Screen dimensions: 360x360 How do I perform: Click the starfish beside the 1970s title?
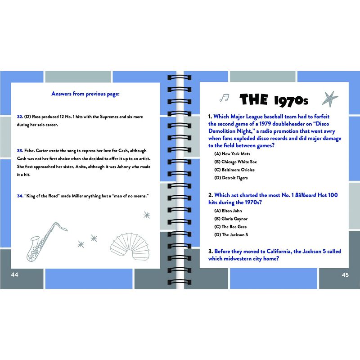tap(330, 99)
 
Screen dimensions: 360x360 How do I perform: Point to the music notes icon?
tap(224, 98)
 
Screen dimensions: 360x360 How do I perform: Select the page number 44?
tap(14, 275)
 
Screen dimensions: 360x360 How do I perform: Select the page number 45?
tap(345, 275)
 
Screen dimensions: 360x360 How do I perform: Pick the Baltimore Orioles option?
tap(234, 170)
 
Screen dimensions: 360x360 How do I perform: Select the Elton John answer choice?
tap(228, 211)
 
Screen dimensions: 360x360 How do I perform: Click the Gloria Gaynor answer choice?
tap(231, 219)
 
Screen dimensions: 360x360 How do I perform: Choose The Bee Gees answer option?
tap(230, 227)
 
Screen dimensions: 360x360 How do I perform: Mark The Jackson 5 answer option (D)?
tap(231, 235)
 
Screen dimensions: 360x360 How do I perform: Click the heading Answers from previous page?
tap(85, 94)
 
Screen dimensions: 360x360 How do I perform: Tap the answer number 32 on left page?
tap(20, 117)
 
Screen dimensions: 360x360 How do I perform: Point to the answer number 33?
tap(20, 150)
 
